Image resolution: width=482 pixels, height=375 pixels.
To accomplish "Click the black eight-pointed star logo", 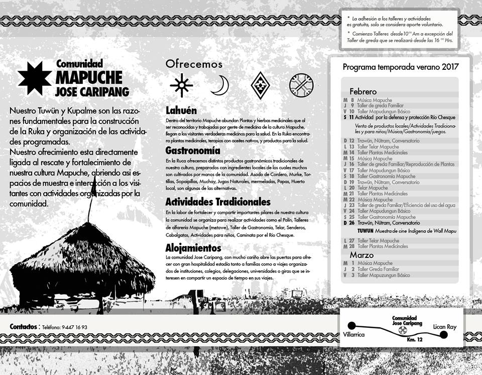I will pyautogui.click(x=35, y=78).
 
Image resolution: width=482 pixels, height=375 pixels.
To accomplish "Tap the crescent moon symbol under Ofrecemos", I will pyautogui.click(x=219, y=85).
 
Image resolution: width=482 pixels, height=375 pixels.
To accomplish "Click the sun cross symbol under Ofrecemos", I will pyautogui.click(x=181, y=85).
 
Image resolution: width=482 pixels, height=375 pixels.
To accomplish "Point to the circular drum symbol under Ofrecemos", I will pyautogui.click(x=301, y=85).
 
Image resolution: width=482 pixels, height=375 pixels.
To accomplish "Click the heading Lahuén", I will pyautogui.click(x=181, y=110).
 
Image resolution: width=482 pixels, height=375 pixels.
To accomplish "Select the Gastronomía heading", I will pyautogui.click(x=193, y=151).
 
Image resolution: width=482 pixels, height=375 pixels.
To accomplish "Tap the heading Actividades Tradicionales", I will pyautogui.click(x=218, y=202).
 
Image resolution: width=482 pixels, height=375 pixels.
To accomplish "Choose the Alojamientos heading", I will pyautogui.click(x=193, y=248).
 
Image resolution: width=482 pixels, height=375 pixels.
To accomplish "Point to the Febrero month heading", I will pyautogui.click(x=363, y=92).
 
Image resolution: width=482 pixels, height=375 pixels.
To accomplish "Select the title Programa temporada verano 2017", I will pyautogui.click(x=401, y=66).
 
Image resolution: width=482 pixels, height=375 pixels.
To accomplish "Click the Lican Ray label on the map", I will pyautogui.click(x=445, y=327).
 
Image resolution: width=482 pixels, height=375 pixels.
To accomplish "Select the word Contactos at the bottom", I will pyautogui.click(x=23, y=327).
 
